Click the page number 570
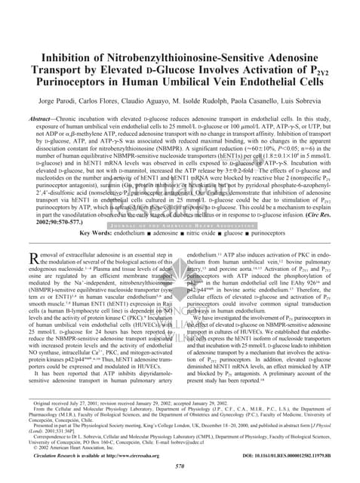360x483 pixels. pyautogui.click(x=180, y=466)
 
